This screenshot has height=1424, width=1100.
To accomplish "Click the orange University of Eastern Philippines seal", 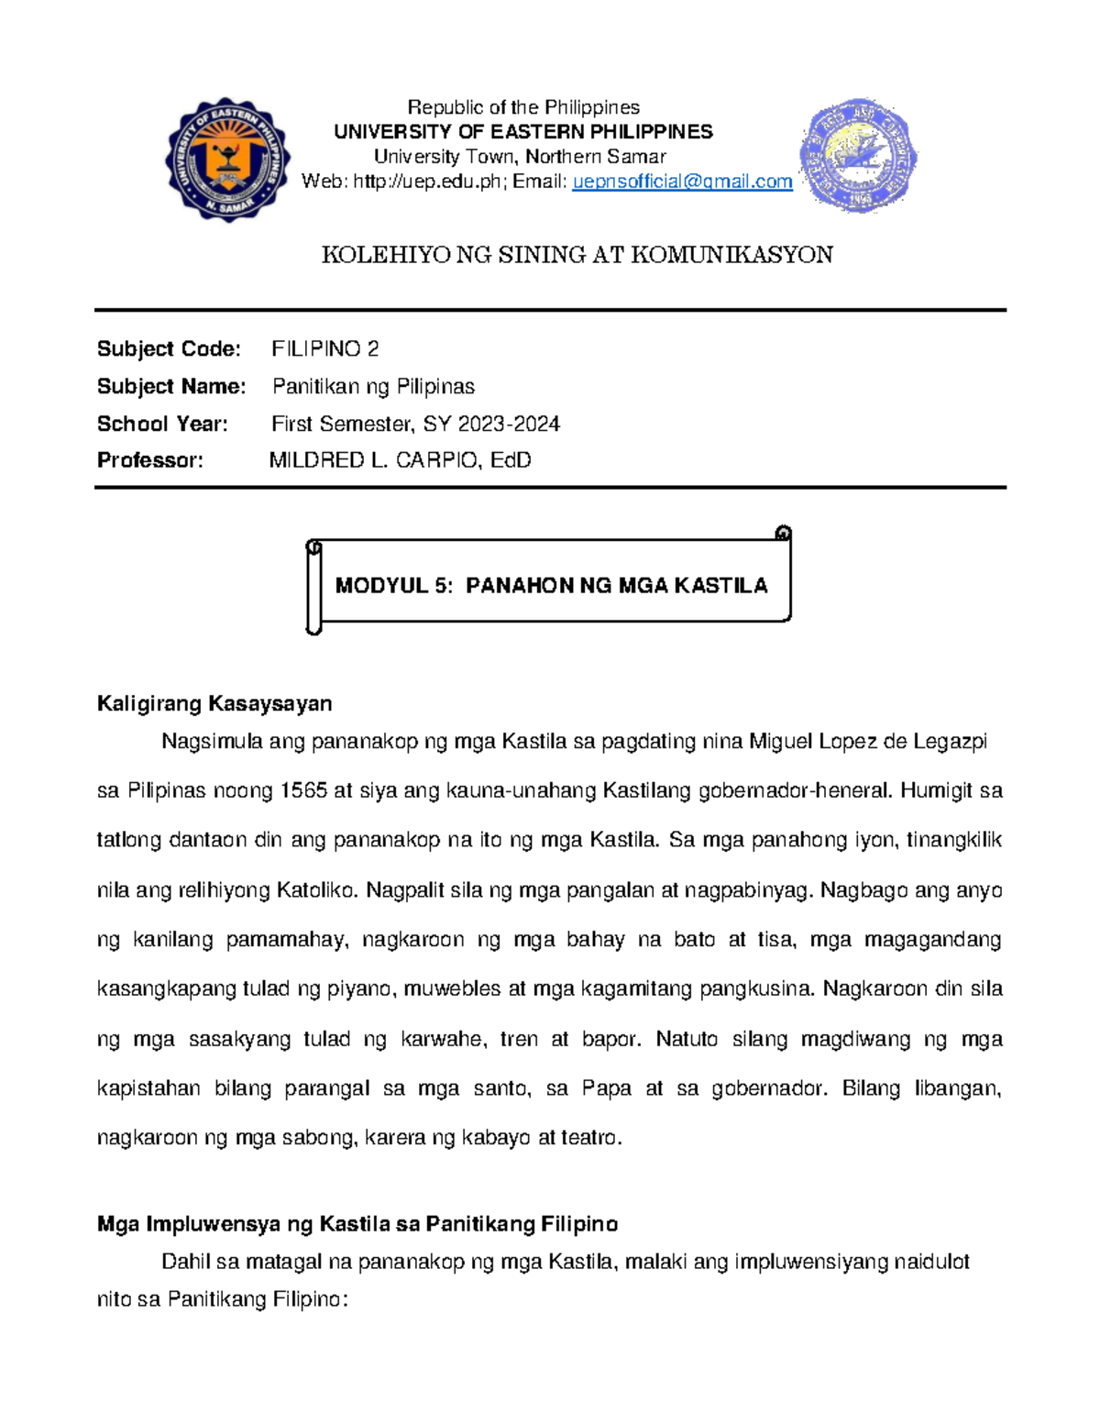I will coord(228,159).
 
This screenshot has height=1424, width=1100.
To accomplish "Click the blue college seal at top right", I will coord(859,156).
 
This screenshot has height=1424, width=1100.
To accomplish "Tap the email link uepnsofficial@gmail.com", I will coord(682,182).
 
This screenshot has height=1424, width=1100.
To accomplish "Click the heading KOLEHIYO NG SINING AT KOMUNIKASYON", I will coord(577,255).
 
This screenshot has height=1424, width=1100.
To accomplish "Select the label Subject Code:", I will coord(169,349).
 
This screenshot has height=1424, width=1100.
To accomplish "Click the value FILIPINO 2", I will coord(324,349).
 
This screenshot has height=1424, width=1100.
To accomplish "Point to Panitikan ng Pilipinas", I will coord(373,387).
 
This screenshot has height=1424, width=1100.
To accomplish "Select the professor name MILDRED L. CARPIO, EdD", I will coord(400,460).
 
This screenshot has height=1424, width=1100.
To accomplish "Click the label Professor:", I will coord(150,460).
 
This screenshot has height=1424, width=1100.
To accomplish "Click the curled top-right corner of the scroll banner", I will coord(782,534).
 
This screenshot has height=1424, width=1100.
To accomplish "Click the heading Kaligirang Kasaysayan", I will coord(214,704).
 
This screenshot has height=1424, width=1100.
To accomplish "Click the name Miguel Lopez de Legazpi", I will coord(867,742).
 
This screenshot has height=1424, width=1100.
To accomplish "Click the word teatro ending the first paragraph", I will coord(591,1138).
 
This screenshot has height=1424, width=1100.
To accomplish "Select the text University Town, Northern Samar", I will coord(519,157).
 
